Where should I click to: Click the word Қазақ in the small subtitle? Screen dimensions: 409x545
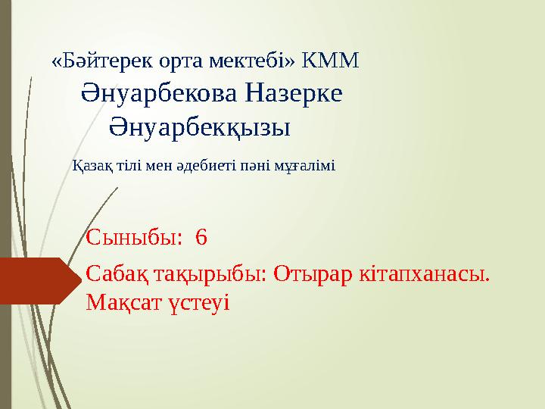(88, 164)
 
